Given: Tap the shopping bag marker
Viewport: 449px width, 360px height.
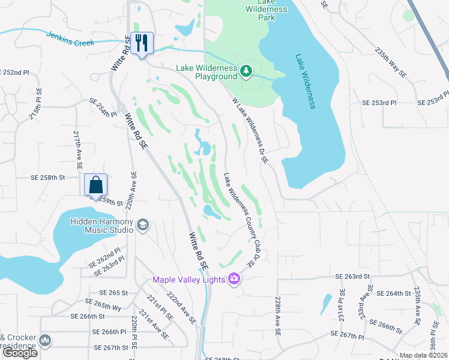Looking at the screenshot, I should coord(95,185).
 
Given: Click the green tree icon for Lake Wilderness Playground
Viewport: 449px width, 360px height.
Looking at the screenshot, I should coord(246,72).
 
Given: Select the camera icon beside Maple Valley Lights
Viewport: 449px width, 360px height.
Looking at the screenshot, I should coord(234,279).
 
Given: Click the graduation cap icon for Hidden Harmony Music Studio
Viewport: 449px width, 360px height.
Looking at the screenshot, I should coord(142,225).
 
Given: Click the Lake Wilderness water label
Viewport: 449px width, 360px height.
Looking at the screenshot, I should coord(305,82).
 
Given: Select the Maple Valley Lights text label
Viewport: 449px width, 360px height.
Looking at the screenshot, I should coord(188,280).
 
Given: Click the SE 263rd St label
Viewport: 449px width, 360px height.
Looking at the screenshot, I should coord(351,277).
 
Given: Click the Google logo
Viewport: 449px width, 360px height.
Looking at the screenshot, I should coord(20,353).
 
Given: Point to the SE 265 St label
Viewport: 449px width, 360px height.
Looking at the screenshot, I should coord(111,293).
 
